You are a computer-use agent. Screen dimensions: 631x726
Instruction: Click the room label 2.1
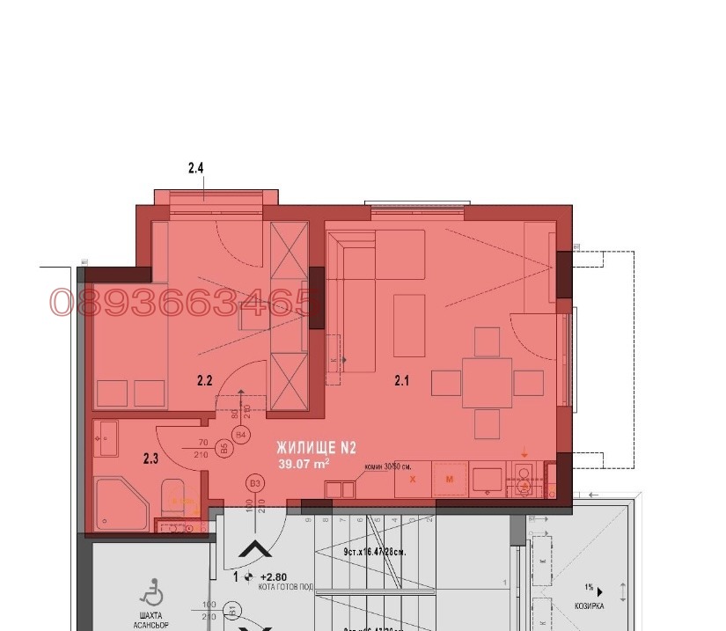tap(402, 381)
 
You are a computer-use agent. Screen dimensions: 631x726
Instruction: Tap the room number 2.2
tap(204, 381)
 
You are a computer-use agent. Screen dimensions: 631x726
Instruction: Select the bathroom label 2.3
tap(151, 458)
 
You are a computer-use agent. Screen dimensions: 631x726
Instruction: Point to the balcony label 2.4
tap(196, 166)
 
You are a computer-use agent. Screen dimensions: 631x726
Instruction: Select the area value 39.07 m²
tap(304, 464)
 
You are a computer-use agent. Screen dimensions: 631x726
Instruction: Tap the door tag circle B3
tap(256, 483)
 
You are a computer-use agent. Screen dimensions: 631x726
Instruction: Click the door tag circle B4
tap(240, 434)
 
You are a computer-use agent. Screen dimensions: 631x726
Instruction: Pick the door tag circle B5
tap(224, 449)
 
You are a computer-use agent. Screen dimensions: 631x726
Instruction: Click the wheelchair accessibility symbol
tap(151, 588)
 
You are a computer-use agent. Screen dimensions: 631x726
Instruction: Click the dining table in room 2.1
tap(488, 383)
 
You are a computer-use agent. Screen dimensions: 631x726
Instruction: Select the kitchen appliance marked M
tap(449, 480)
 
